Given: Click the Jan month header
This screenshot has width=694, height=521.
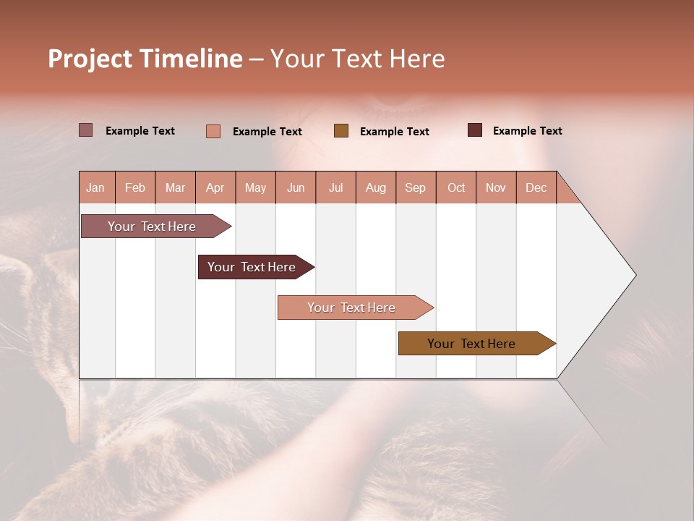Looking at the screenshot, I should [x=95, y=187].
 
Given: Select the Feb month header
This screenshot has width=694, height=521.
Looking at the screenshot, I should [x=135, y=187].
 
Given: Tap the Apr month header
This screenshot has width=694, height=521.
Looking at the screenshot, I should [x=215, y=187].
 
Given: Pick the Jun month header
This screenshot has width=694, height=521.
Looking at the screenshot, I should [x=296, y=187].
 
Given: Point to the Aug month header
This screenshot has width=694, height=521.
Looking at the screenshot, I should [x=375, y=187].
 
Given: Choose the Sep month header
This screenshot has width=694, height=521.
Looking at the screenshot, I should [x=415, y=187].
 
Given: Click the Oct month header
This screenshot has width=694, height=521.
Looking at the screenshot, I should [x=456, y=187].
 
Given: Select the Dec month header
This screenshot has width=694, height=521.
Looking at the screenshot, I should [x=536, y=187].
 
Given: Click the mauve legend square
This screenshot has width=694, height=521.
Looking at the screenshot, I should [x=86, y=130].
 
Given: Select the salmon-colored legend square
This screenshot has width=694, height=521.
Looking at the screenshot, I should [x=213, y=131].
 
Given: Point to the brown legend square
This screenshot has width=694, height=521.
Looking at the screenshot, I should [x=341, y=130].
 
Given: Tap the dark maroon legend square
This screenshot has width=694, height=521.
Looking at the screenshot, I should [x=475, y=130].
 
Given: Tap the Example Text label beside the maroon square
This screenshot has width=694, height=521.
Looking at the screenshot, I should [x=527, y=131].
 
